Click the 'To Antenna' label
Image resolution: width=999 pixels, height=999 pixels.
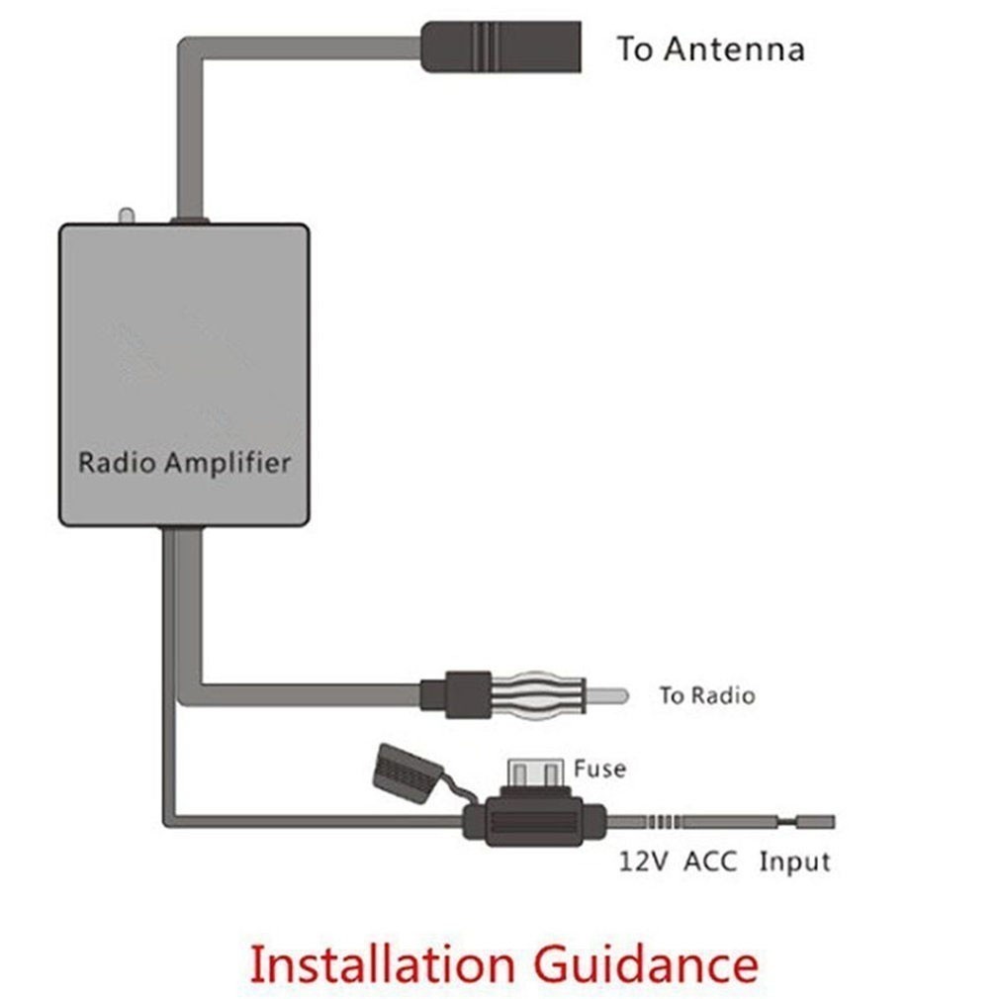[710, 48]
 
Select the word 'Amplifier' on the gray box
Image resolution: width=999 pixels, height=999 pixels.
[228, 462]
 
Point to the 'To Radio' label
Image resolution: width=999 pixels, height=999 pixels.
[706, 695]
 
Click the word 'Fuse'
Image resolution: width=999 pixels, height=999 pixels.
[599, 768]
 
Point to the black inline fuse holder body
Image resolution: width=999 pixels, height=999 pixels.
[534, 823]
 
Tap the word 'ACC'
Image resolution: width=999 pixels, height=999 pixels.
[712, 862]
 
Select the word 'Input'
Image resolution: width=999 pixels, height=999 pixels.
[794, 862]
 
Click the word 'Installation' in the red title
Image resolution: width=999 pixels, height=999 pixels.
[381, 962]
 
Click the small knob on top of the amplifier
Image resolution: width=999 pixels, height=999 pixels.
[126, 215]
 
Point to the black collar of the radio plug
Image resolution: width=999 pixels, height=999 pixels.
[455, 691]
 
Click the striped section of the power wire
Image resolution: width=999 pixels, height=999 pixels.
[663, 822]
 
